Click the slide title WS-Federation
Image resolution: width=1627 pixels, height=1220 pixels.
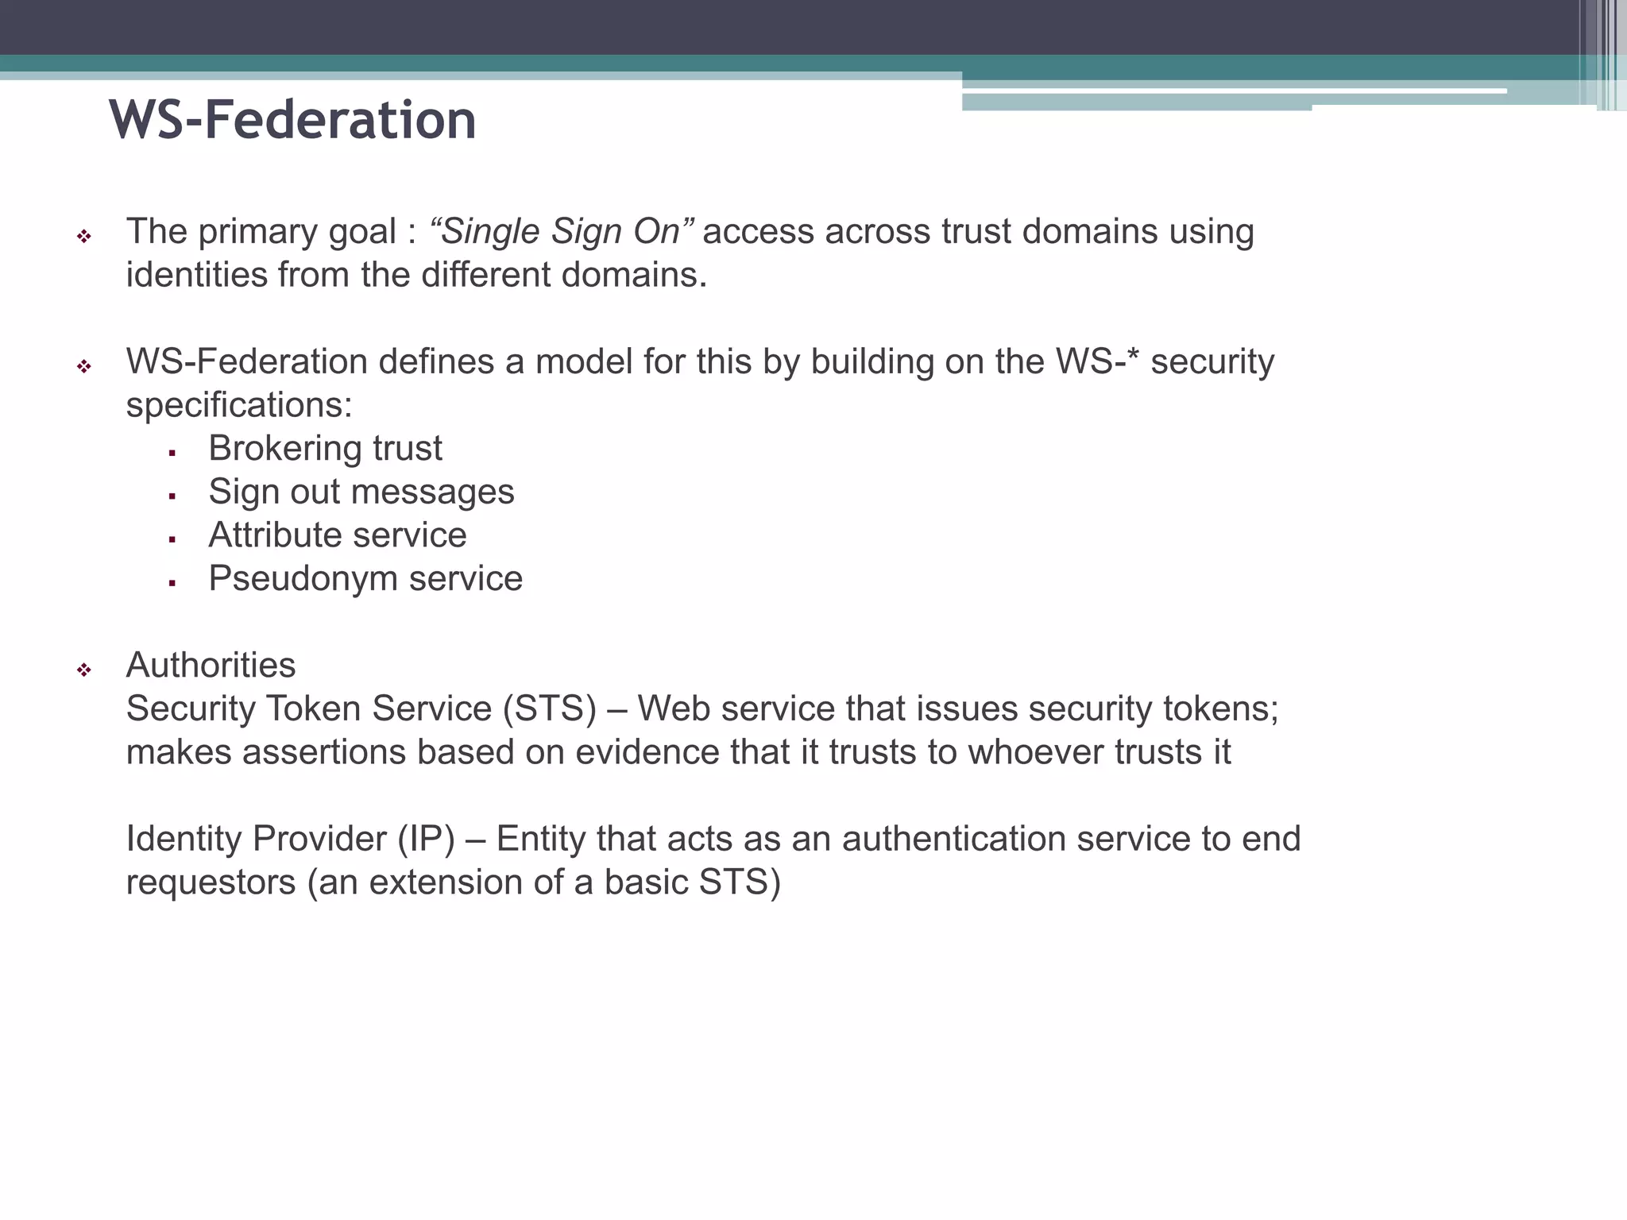pyautogui.click(x=292, y=121)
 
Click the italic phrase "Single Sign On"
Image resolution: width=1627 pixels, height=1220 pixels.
pyautogui.click(x=561, y=232)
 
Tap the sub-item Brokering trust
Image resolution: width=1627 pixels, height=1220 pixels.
pyautogui.click(x=325, y=449)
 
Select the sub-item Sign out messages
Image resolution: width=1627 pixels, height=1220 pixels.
pyautogui.click(x=361, y=492)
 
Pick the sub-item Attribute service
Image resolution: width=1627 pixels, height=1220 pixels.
pyautogui.click(x=338, y=535)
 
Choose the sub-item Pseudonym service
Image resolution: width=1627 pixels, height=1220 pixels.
pyautogui.click(x=365, y=579)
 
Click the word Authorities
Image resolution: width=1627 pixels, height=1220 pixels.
pyautogui.click(x=211, y=666)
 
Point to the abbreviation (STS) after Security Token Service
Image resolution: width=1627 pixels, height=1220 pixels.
pyautogui.click(x=549, y=708)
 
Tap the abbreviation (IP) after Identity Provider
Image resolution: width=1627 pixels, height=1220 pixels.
pyautogui.click(x=426, y=840)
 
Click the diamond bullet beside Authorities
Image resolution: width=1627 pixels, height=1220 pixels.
pyautogui.click(x=84, y=670)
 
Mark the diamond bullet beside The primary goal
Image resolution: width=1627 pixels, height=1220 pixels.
pyautogui.click(x=84, y=236)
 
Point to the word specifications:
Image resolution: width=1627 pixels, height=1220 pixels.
pyautogui.click(x=239, y=406)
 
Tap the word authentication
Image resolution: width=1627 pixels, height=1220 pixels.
pyautogui.click(x=953, y=840)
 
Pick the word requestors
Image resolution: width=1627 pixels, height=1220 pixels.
pyautogui.click(x=211, y=883)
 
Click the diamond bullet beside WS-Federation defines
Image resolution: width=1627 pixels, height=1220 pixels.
pyautogui.click(x=84, y=366)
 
